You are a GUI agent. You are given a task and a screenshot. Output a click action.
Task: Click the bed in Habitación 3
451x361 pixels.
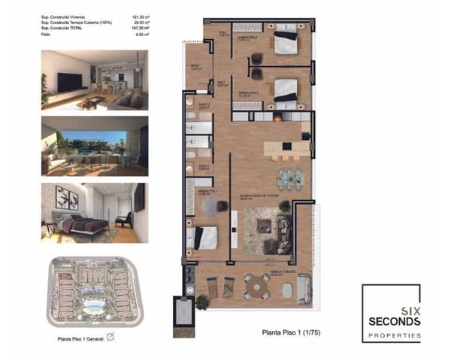[286, 41]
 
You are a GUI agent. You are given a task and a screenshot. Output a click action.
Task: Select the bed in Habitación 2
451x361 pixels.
[286, 88]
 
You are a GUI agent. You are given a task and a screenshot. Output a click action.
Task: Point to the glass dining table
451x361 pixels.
[289, 177]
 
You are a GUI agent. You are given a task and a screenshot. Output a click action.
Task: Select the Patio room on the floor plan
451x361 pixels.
[180, 309]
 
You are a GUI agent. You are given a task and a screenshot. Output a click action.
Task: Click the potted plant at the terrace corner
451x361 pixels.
[201, 302]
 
